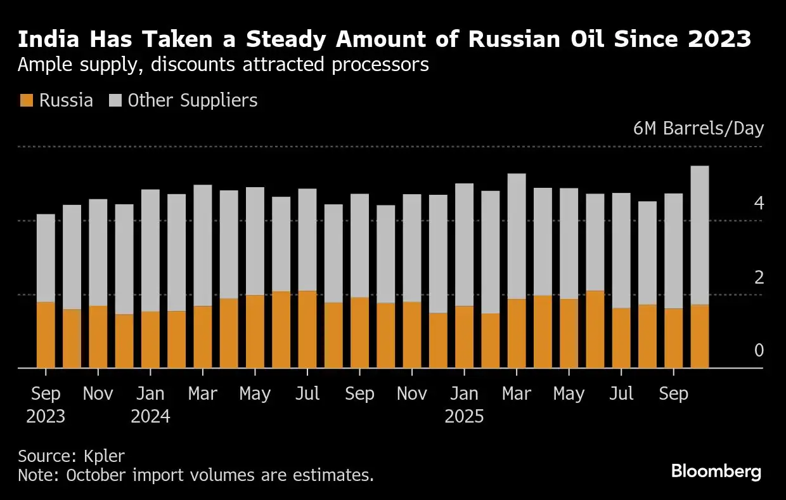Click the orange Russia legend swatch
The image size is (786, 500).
pyautogui.click(x=27, y=100)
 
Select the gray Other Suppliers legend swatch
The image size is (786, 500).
pyautogui.click(x=115, y=100)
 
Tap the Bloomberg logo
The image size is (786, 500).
pyautogui.click(x=716, y=471)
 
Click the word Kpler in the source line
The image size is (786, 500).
pyautogui.click(x=104, y=456)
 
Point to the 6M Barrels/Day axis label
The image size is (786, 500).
pyautogui.click(x=699, y=128)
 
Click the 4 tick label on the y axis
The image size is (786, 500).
pyautogui.click(x=759, y=203)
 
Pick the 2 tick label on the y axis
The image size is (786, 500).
pyautogui.click(x=759, y=277)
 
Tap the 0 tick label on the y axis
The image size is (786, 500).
pyautogui.click(x=759, y=350)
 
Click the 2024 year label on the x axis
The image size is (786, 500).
pyautogui.click(x=150, y=417)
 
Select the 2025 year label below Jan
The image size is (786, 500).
pyautogui.click(x=464, y=417)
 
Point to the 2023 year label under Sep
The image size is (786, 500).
pyautogui.click(x=46, y=417)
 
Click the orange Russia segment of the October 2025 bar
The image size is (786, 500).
pyautogui.click(x=700, y=336)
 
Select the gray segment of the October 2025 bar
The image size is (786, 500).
pyautogui.click(x=700, y=235)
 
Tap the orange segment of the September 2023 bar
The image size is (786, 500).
pyautogui.click(x=46, y=335)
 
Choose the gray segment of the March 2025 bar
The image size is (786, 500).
pyautogui.click(x=517, y=236)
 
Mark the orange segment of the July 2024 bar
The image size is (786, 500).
pyautogui.click(x=307, y=329)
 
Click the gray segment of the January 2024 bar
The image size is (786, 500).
pyautogui.click(x=150, y=251)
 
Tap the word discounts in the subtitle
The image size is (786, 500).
pyautogui.click(x=193, y=65)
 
